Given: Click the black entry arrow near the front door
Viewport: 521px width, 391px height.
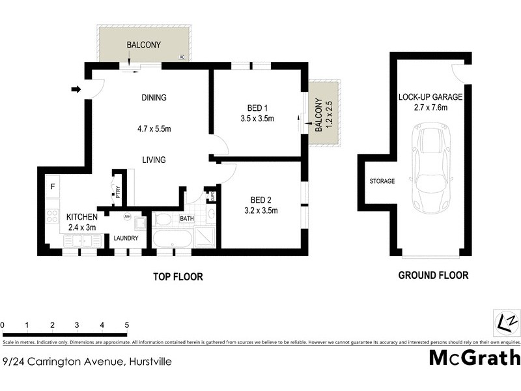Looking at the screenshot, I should [76, 89].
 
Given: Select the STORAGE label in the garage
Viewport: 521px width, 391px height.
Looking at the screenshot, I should [382, 181].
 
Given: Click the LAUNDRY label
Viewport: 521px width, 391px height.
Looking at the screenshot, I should [126, 239].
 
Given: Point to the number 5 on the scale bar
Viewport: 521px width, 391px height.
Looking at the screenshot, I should [126, 325].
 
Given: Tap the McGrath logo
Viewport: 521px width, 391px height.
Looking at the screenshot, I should [475, 358].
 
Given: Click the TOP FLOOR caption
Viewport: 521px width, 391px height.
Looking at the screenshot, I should [178, 277].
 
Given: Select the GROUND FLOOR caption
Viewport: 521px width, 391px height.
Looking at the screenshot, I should [433, 276].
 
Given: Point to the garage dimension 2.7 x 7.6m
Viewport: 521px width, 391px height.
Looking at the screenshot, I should [430, 108].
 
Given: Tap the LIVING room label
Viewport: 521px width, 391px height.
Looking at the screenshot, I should [154, 160].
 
